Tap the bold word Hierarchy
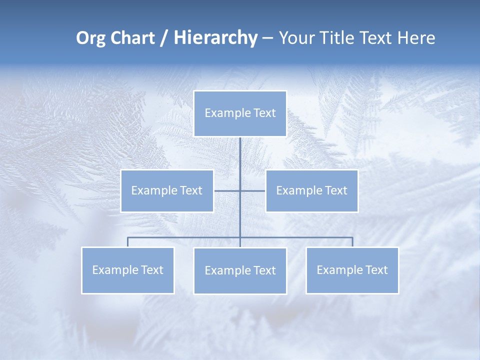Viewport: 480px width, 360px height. point(215,38)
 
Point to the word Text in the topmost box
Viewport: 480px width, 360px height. point(264,113)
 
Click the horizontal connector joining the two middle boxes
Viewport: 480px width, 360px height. point(227,190)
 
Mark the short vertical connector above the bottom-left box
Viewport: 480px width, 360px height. point(127,242)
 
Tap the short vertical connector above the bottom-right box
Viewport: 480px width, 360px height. point(352,242)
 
